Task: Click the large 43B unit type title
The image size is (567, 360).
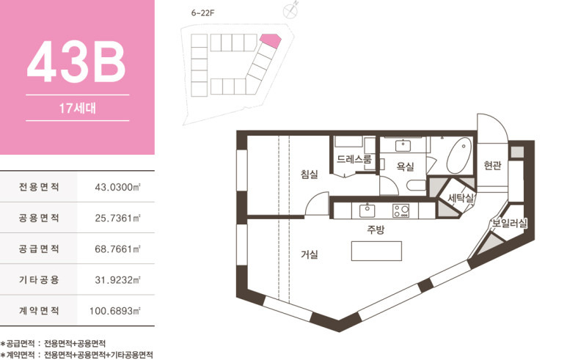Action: pyautogui.click(x=76, y=62)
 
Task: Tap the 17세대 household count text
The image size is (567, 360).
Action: pyautogui.click(x=77, y=108)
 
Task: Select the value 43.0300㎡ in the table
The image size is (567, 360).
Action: pyautogui.click(x=117, y=187)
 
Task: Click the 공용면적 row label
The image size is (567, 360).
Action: pyautogui.click(x=39, y=218)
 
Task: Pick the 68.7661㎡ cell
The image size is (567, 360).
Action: pyautogui.click(x=117, y=249)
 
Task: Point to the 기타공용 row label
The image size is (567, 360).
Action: pyautogui.click(x=39, y=280)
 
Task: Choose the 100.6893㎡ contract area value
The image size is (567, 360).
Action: pyautogui.click(x=115, y=311)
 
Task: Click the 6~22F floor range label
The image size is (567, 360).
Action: pyautogui.click(x=203, y=13)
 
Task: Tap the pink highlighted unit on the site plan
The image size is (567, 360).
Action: pyautogui.click(x=270, y=40)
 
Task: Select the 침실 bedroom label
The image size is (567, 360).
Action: pyautogui.click(x=310, y=175)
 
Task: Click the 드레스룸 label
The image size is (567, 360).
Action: pyautogui.click(x=354, y=159)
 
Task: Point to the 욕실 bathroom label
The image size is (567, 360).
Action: pyautogui.click(x=405, y=166)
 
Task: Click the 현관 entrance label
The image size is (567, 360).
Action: pyautogui.click(x=492, y=165)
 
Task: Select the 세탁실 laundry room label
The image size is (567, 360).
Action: pyautogui.click(x=461, y=198)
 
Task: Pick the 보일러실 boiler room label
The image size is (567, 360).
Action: pyautogui.click(x=509, y=224)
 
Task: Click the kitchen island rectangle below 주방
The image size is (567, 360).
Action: pyautogui.click(x=376, y=251)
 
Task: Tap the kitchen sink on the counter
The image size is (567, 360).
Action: pyautogui.click(x=367, y=210)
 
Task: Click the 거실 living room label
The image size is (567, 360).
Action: pyautogui.click(x=310, y=254)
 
